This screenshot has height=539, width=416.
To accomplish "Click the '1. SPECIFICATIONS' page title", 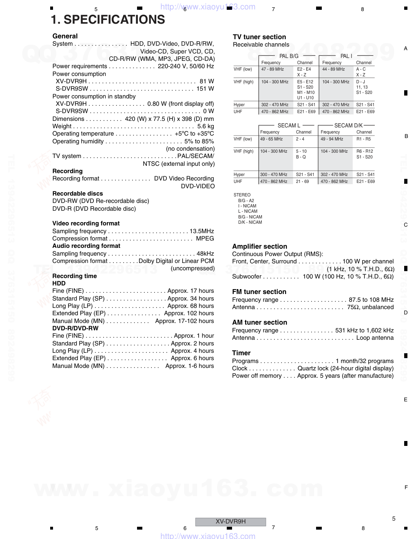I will click(108, 20).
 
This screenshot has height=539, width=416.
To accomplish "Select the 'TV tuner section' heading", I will click(259, 37).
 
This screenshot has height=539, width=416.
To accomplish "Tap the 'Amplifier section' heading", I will click(259, 246).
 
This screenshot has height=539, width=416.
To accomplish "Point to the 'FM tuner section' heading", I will click(259, 292).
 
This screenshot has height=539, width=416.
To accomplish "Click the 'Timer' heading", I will click(241, 353).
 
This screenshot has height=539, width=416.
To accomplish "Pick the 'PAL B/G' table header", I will click(289, 56).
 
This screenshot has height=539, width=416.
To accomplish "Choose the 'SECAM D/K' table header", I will click(348, 125).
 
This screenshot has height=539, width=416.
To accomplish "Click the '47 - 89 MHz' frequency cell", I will click(272, 69).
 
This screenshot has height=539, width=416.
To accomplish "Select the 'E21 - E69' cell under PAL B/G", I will click(306, 111).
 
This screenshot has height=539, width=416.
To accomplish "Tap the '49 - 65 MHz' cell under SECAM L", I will click(271, 139).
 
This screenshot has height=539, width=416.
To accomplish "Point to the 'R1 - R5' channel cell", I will click(363, 139).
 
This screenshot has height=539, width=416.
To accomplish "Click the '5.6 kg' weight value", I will click(206, 126).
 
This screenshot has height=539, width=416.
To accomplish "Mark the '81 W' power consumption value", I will click(207, 81).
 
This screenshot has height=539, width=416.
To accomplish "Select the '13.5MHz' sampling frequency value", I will click(201, 231).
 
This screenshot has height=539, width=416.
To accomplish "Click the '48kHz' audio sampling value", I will click(205, 254).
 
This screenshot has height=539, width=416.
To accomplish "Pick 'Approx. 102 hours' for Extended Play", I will click(189, 313).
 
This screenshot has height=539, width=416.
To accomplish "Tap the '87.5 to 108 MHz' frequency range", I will click(371, 300).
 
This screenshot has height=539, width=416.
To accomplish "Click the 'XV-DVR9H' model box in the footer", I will click(230, 521).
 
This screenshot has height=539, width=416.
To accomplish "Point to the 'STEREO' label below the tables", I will click(242, 195).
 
